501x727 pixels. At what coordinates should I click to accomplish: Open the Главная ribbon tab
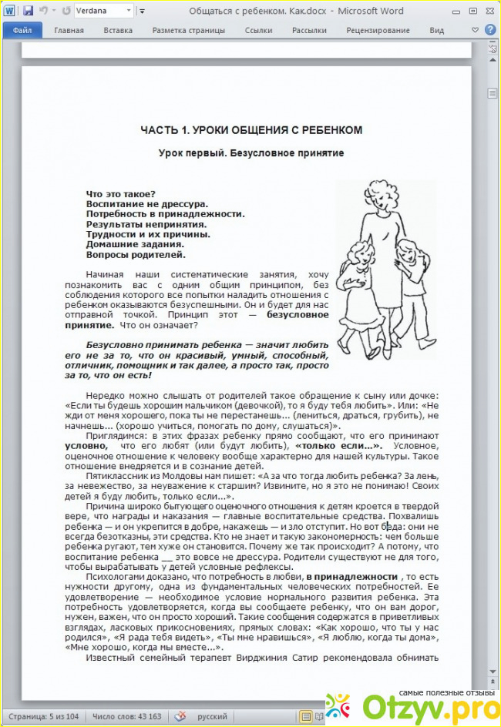pyautogui.click(x=69, y=31)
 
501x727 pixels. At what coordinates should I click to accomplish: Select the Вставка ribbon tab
pyautogui.click(x=118, y=31)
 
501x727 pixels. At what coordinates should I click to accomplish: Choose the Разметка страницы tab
pyautogui.click(x=188, y=31)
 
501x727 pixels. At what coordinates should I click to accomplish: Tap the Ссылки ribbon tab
pyautogui.click(x=258, y=31)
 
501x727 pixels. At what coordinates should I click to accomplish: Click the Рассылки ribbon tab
pyautogui.click(x=308, y=31)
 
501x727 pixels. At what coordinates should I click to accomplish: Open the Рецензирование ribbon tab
pyautogui.click(x=377, y=31)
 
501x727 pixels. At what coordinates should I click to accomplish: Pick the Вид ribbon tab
pyautogui.click(x=437, y=31)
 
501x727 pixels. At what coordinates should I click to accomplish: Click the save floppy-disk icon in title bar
pyautogui.click(x=28, y=11)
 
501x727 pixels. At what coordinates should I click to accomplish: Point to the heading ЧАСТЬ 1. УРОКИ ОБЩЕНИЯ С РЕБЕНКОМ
pyautogui.click(x=251, y=130)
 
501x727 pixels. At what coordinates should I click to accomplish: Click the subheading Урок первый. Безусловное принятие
pyautogui.click(x=251, y=153)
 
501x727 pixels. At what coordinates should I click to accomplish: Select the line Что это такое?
pyautogui.click(x=121, y=193)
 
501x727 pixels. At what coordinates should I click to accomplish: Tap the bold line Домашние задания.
pyautogui.click(x=135, y=244)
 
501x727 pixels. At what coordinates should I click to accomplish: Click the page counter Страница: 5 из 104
pyautogui.click(x=43, y=716)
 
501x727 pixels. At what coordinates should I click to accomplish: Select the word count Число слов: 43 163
pyautogui.click(x=127, y=716)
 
